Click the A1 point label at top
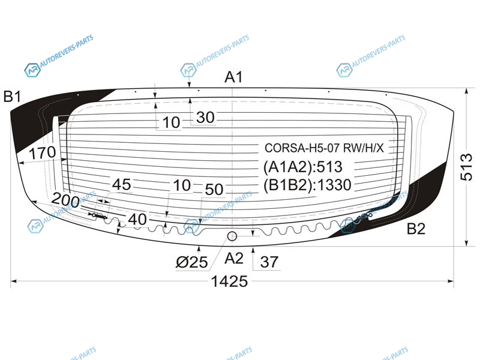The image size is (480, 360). pyautogui.click(x=233, y=77)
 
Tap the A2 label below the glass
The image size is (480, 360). pyautogui.click(x=234, y=259)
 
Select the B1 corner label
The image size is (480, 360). pyautogui.click(x=12, y=97)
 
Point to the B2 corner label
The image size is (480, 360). pyautogui.click(x=416, y=229)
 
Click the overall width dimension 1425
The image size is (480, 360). pyautogui.click(x=229, y=281)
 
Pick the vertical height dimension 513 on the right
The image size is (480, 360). pyautogui.click(x=467, y=167)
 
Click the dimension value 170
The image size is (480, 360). pyautogui.click(x=42, y=152)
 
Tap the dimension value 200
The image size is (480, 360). pyautogui.click(x=65, y=200)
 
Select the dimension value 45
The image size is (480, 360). pyautogui.click(x=122, y=184)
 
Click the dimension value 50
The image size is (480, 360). pyautogui.click(x=214, y=190)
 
